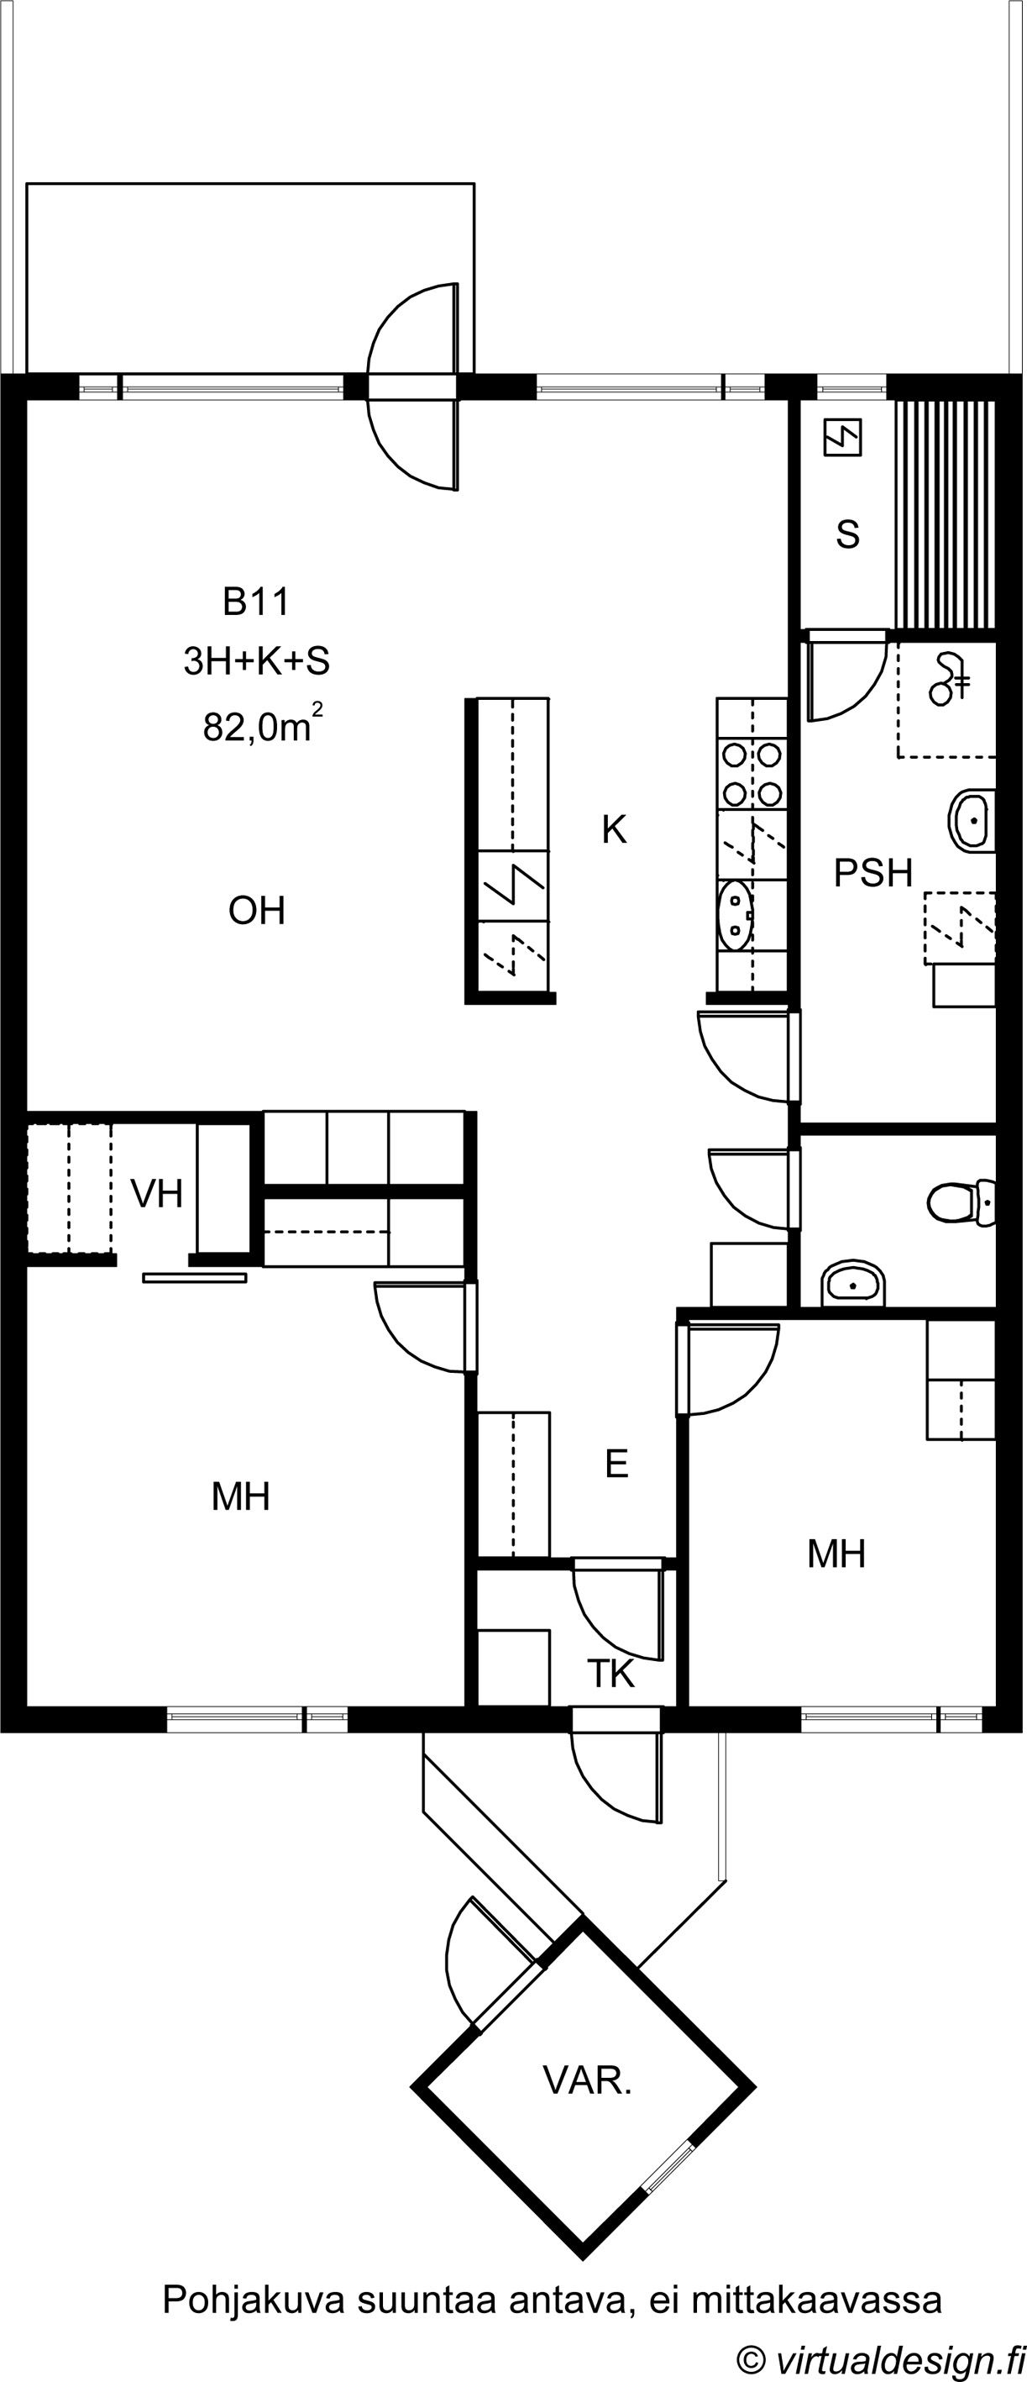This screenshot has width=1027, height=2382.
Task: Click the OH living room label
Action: (256, 911)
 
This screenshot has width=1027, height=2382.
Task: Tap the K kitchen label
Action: (614, 829)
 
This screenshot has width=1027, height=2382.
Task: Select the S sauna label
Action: (847, 534)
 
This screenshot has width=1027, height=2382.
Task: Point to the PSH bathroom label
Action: (872, 873)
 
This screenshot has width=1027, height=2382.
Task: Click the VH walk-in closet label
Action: (156, 1194)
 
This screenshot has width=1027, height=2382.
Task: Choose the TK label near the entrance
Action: (611, 1673)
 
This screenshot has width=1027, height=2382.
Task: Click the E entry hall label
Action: (616, 1464)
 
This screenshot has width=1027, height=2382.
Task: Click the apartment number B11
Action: (256, 602)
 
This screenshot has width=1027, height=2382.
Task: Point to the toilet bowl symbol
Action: (962, 1202)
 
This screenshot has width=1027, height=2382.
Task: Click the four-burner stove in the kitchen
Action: (751, 775)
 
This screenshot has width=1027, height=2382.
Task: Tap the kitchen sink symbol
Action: (736, 916)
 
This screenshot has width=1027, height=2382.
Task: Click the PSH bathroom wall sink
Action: (971, 820)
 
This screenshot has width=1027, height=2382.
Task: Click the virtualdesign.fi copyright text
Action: (881, 2357)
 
